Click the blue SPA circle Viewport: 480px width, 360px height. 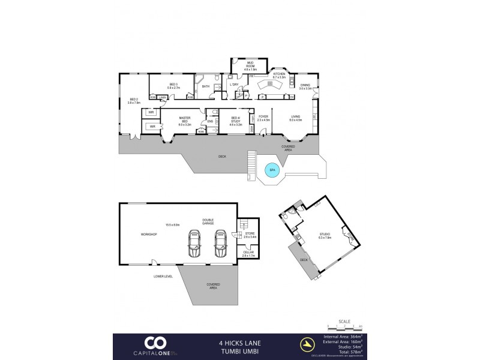coord(272,170)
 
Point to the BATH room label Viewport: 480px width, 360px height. coord(206,87)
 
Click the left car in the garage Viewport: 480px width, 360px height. coord(194,243)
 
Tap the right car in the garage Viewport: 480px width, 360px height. coord(220,243)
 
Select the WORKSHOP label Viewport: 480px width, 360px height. coord(149,234)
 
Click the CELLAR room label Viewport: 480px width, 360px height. coord(248,254)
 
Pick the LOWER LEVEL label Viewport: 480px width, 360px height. coord(164,276)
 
